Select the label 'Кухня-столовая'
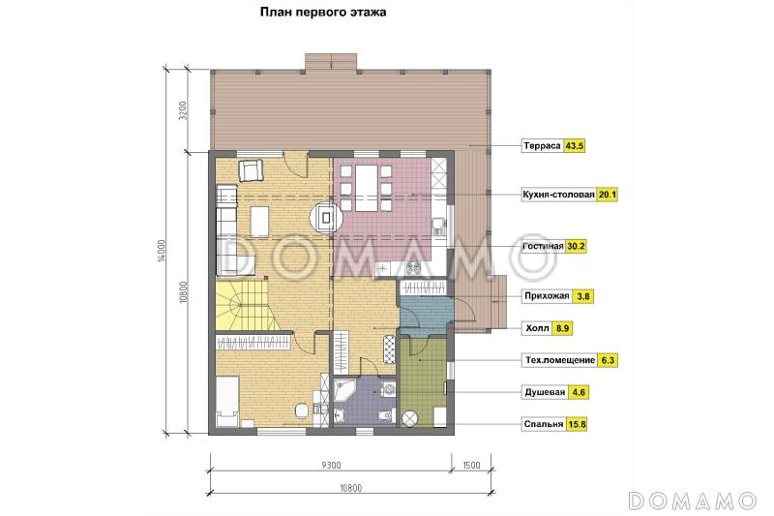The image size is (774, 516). pos(558,196)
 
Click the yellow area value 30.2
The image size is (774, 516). pos(577,247)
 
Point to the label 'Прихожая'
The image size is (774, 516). pos(545,296)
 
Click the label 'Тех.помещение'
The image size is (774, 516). pos(558,360)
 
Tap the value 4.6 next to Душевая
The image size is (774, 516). pos(580,394)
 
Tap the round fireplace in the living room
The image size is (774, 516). pos(326,217)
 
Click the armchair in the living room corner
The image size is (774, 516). pos(253,171)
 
